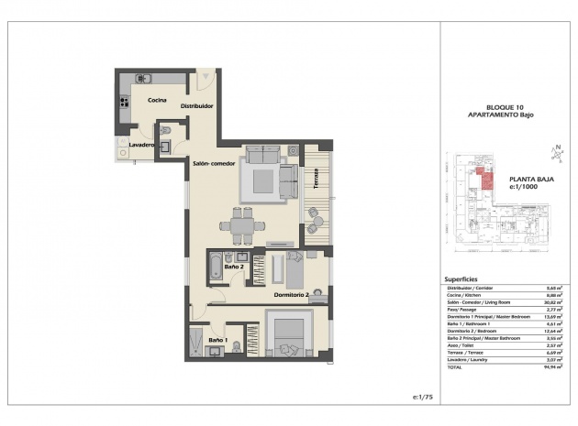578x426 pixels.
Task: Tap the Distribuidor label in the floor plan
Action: [196, 106]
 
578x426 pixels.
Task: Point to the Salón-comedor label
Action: [214, 164]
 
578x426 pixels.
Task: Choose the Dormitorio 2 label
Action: [294, 295]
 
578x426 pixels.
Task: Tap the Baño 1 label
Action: [217, 341]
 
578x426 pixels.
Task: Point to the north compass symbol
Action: [556, 151]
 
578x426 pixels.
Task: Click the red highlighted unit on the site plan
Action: [479, 176]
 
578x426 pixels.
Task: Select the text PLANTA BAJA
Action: [528, 180]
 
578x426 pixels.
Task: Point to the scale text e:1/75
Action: [422, 396]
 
